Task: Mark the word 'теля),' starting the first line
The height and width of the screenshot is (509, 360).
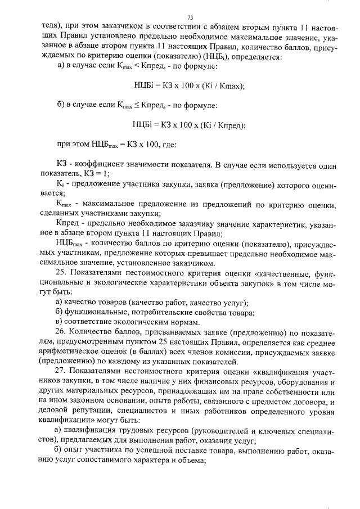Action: (54, 26)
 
